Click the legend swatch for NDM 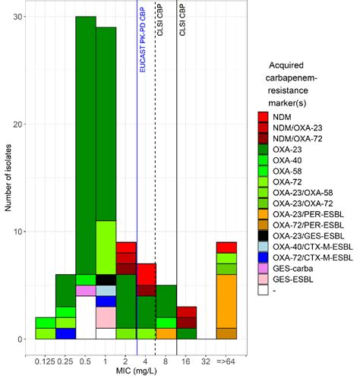click(264, 116)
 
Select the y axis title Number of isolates click(8, 178)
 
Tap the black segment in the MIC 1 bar click(106, 279)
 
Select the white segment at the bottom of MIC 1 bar click(106, 333)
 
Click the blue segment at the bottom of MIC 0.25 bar click(65, 333)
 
